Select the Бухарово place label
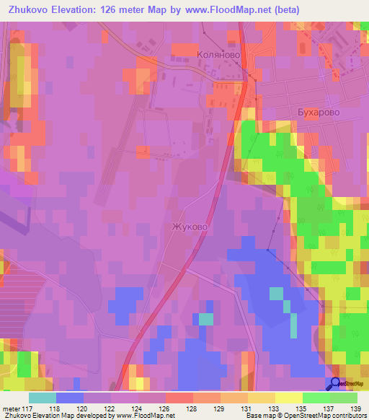pyautogui.click(x=318, y=113)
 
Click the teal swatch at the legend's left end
pyautogui.click(x=43, y=398)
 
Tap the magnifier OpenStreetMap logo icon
pyautogui.click(x=336, y=384)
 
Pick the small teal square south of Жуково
pyautogui.click(x=205, y=319)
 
